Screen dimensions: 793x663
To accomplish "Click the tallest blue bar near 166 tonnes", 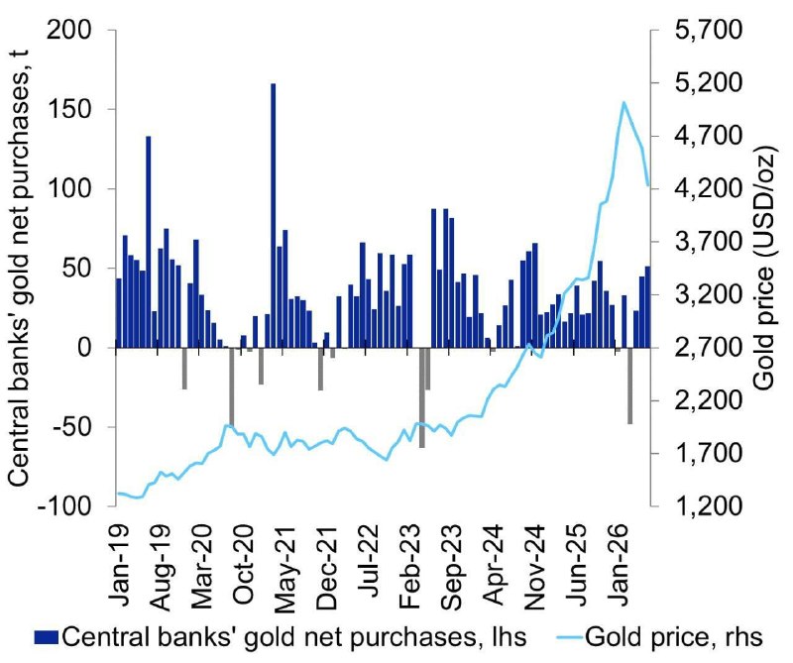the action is click(274, 215).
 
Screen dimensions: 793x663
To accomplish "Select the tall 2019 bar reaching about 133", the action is click(149, 242).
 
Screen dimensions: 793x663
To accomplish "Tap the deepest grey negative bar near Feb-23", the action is click(422, 397).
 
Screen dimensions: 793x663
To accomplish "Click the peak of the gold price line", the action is click(623, 102).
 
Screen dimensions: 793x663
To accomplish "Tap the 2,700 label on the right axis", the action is click(708, 348).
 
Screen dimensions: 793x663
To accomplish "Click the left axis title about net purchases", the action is click(19, 268).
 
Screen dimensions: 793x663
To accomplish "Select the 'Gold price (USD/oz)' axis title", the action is click(763, 268).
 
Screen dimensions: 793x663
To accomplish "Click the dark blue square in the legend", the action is click(47, 637).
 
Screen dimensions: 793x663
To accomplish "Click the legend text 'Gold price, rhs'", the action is click(674, 637).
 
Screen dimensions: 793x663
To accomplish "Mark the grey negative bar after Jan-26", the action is click(630, 386).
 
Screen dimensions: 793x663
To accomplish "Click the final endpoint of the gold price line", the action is click(648, 185).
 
